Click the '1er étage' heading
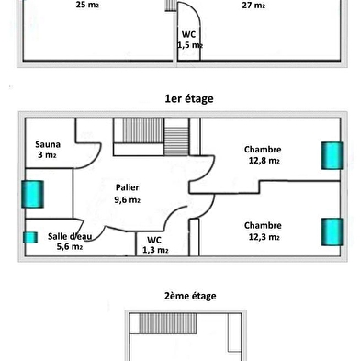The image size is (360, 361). pos(189,99)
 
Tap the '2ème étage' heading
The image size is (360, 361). pos(190,296)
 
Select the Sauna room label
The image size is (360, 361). pos(48,144)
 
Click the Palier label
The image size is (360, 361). pos(128,187)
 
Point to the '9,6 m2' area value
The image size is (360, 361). pos(128,200)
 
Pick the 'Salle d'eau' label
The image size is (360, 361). pos(70,236)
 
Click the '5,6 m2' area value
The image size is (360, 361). pos(70,246)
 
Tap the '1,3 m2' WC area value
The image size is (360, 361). pos(155,250)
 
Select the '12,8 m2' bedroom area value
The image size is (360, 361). pos(264,161)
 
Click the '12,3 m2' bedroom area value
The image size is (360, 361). pos(264,237)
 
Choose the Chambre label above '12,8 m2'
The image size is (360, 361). pos(263,150)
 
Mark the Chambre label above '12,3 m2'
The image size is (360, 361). pos(263,226)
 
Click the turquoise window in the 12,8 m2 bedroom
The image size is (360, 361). pos(332,155)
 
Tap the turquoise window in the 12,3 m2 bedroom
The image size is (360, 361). pos(332,231)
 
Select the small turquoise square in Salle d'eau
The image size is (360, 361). pos(30,238)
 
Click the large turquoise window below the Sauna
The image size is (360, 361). pos(32,194)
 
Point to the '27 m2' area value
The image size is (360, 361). pos(253,6)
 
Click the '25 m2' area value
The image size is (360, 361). pos(87,5)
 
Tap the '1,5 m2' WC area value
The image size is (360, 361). pos(190,45)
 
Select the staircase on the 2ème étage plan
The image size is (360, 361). pos(168,323)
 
